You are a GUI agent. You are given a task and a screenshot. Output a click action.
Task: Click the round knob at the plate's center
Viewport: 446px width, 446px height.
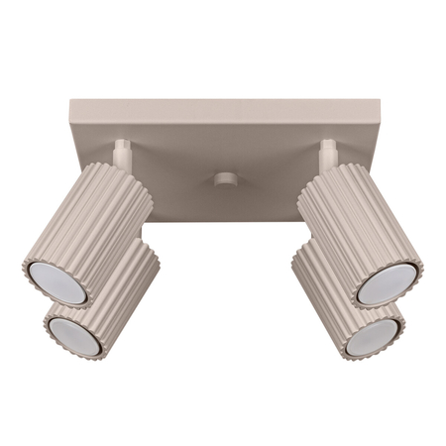(x=225, y=180)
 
